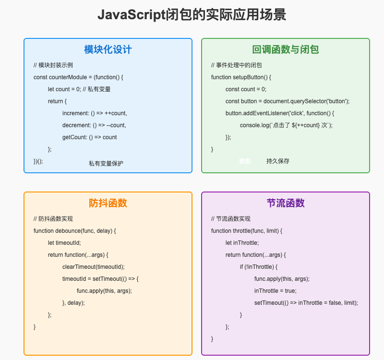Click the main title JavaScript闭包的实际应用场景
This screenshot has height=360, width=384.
(192, 15)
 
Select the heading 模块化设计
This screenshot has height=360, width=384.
(108, 49)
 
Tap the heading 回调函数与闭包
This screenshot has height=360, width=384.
(286, 49)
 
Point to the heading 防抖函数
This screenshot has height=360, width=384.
(108, 203)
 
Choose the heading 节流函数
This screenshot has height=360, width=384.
(286, 203)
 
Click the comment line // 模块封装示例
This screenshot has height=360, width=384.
(53, 65)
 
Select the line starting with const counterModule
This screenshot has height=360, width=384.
(78, 77)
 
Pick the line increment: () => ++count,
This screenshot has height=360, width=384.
(95, 113)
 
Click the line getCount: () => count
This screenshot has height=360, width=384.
(89, 137)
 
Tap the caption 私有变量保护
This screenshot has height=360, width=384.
(106, 163)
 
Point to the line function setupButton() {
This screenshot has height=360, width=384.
(241, 77)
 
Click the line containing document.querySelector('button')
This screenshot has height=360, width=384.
(288, 101)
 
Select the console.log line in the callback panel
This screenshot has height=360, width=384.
(286, 125)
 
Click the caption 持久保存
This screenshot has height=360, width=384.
(278, 161)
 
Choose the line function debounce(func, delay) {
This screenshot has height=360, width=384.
(75, 231)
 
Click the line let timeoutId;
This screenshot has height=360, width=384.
(64, 243)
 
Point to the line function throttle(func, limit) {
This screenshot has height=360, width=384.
(247, 231)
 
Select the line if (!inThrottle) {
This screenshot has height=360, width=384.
(259, 267)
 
